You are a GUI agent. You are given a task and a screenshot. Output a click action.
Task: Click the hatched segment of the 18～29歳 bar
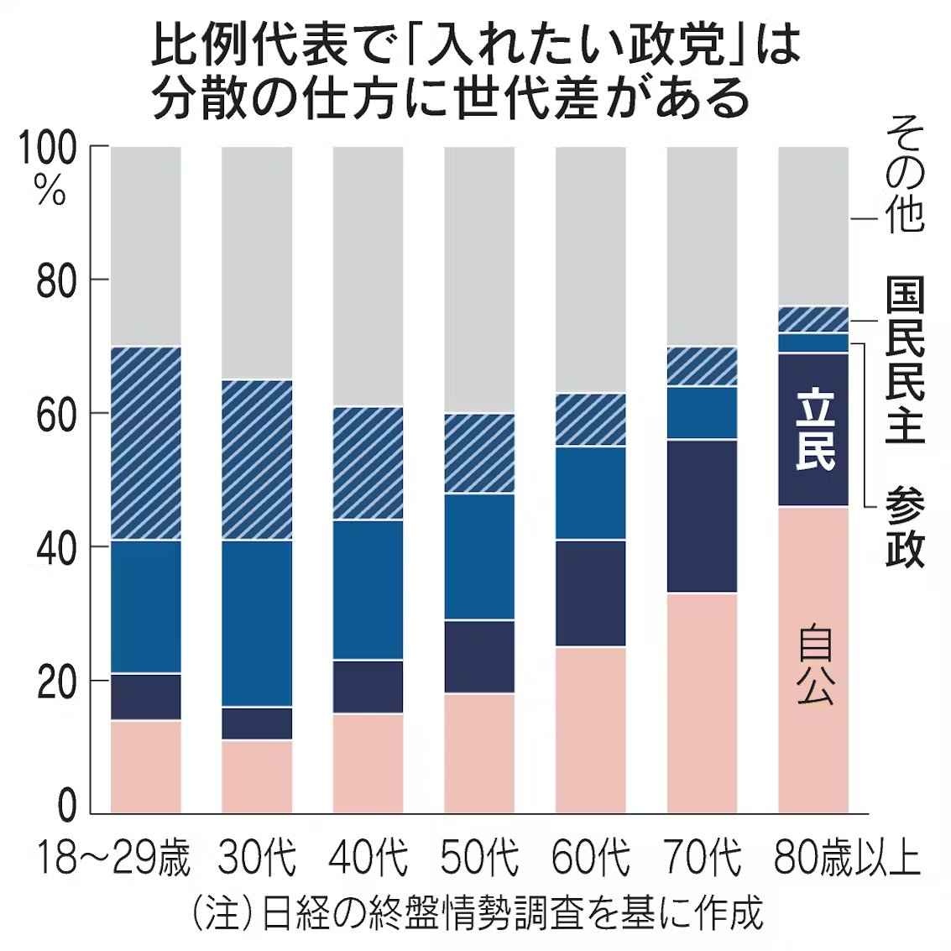pyautogui.click(x=146, y=442)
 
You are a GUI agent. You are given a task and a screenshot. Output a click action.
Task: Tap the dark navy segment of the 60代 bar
pyautogui.click(x=591, y=593)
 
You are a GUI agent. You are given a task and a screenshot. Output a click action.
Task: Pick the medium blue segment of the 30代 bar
pyautogui.click(x=257, y=623)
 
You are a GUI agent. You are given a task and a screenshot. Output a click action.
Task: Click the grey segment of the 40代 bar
pyautogui.click(x=368, y=277)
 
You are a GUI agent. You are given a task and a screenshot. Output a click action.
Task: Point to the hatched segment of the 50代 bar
pyautogui.click(x=479, y=453)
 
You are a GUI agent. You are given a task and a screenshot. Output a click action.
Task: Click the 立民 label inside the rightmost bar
pyautogui.click(x=813, y=429)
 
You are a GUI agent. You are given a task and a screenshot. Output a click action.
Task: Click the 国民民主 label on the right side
pyautogui.click(x=905, y=361)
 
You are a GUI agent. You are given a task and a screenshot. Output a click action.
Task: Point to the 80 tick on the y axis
pyautogui.click(x=57, y=280)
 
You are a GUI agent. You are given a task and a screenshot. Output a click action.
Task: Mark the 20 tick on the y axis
pyautogui.click(x=57, y=681)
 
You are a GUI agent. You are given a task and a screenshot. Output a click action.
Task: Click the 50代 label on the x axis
pyautogui.click(x=479, y=860)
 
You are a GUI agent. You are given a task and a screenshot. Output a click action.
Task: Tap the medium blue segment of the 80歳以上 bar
pyautogui.click(x=813, y=342)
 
